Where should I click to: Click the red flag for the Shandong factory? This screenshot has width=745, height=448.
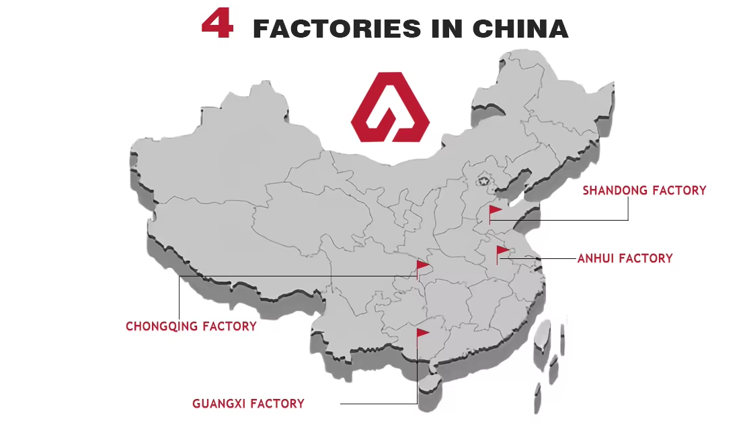pos(495,211)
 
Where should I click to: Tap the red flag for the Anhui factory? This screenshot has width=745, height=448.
pos(502,252)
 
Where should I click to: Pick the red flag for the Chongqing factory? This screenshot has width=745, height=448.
pos(422,266)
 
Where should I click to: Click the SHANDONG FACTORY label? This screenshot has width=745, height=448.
pos(644,190)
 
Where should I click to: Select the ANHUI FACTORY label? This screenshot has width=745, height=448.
pos(625,258)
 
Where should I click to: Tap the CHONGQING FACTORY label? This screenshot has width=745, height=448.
pos(191,326)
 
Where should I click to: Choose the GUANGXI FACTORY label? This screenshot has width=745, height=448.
pos(248,404)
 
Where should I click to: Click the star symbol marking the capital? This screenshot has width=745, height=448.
pos(483,180)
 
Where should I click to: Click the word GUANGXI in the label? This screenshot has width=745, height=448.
pos(219,404)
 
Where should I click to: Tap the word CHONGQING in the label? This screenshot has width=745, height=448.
pos(162,326)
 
